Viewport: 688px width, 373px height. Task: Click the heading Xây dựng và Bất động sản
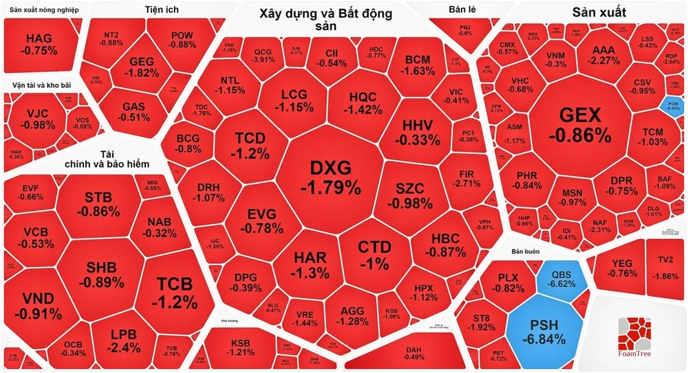coord(326,19)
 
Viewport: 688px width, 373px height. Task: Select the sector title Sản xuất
coord(599,12)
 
